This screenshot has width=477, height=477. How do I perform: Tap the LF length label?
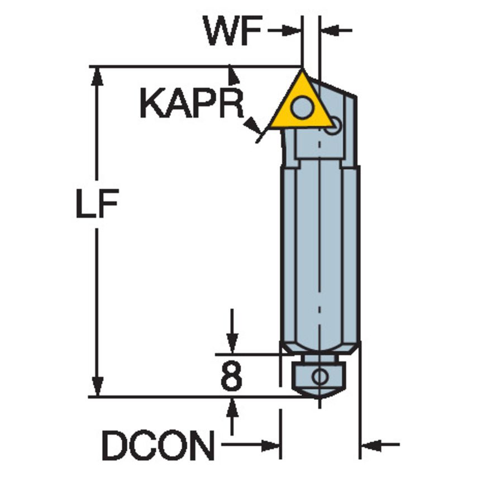click(x=97, y=207)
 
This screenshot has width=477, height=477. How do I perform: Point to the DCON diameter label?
click(x=158, y=446)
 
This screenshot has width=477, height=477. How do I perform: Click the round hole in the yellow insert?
click(x=302, y=107)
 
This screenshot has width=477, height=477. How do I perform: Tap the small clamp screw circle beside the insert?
click(x=333, y=125)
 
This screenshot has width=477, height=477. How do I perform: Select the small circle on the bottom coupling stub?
click(x=320, y=376)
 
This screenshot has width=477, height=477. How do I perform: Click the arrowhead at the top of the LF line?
click(x=97, y=75)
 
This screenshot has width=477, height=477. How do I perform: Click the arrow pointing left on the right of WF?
click(x=330, y=30)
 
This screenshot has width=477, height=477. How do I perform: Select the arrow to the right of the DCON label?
click(x=270, y=446)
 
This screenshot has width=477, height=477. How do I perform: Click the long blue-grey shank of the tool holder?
click(x=319, y=251)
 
